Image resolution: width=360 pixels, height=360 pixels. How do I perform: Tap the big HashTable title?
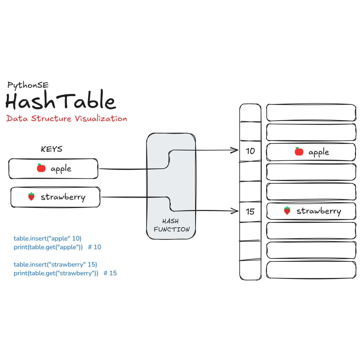(x=61, y=101)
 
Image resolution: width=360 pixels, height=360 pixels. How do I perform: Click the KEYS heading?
(x=52, y=149)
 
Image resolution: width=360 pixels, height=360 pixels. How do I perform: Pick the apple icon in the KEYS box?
(x=41, y=168)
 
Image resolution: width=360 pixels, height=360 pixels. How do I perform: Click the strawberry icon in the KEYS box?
(x=31, y=197)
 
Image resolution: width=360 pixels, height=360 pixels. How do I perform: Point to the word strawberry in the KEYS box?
(x=63, y=197)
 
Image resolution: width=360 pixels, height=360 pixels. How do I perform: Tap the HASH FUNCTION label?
(x=171, y=225)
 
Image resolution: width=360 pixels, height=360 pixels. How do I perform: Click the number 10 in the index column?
(x=250, y=151)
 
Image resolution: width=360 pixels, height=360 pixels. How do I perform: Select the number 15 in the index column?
(x=250, y=211)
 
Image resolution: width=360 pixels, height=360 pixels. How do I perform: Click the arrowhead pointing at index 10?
(x=235, y=150)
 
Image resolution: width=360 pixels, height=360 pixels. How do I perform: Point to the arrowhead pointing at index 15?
(x=235, y=211)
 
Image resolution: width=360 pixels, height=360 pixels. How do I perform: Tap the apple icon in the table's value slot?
(x=299, y=152)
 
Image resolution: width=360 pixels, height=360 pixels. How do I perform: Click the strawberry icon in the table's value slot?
(x=287, y=211)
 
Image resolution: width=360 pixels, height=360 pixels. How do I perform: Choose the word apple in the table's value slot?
(x=319, y=152)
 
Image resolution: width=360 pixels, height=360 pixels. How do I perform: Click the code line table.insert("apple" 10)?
(x=47, y=238)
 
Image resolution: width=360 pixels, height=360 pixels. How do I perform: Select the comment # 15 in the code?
(x=110, y=273)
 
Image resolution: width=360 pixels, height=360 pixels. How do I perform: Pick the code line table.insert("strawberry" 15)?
(x=55, y=265)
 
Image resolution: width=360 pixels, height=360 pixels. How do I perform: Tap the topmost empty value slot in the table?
(x=311, y=112)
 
